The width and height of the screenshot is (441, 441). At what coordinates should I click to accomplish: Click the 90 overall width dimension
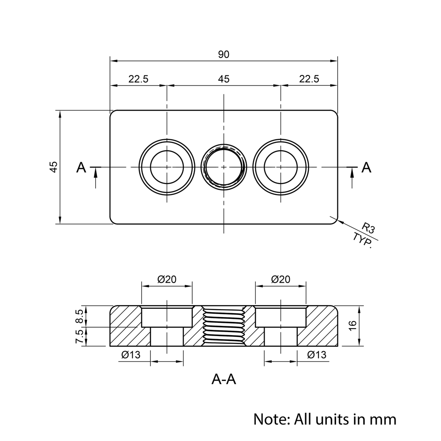[224, 55]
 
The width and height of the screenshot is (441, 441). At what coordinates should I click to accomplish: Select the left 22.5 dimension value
[138, 79]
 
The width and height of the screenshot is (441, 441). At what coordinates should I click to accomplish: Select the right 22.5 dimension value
[309, 79]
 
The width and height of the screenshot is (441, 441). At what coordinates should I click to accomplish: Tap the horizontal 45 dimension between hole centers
[224, 79]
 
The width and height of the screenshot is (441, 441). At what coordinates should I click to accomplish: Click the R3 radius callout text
[368, 228]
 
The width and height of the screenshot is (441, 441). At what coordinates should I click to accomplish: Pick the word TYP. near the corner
[363, 240]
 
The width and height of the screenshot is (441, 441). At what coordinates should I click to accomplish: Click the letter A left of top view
[81, 168]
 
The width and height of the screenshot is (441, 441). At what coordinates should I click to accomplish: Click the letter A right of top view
[366, 168]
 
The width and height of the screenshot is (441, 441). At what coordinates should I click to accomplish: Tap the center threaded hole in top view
[224, 167]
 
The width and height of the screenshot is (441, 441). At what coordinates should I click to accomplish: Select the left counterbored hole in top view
[167, 167]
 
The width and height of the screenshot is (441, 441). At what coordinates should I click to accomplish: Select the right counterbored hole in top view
[280, 167]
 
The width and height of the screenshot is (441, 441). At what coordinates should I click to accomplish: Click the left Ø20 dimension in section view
[167, 279]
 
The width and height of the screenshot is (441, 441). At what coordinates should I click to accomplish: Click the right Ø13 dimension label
[317, 355]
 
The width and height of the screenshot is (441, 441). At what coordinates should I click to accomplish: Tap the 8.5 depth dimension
[80, 316]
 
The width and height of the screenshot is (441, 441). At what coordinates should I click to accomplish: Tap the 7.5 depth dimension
[80, 336]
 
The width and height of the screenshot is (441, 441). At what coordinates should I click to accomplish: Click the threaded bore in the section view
[224, 326]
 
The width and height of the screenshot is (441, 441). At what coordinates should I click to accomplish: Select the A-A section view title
[224, 379]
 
